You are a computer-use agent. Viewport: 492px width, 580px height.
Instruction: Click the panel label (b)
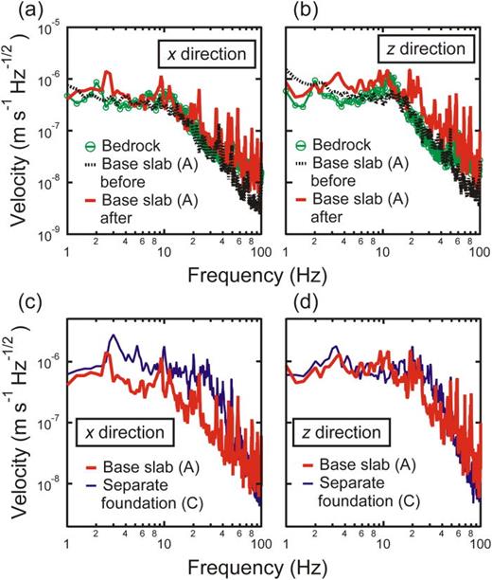pos(275,11)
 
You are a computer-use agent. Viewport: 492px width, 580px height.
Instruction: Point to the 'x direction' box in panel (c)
pos(124,433)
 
